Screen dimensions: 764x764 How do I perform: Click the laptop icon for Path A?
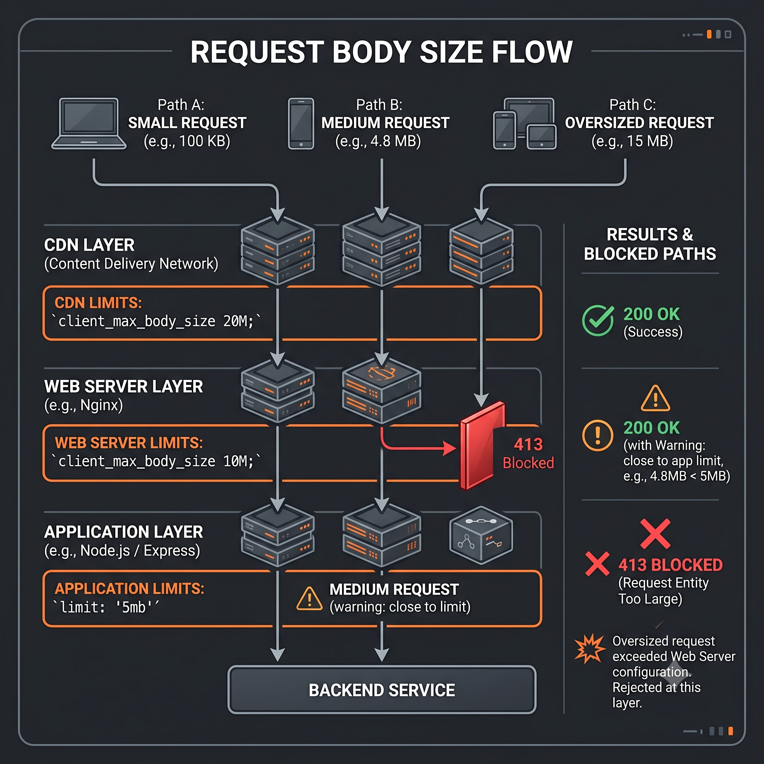pyautogui.click(x=89, y=124)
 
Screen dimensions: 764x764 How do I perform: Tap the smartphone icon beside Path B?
pyautogui.click(x=301, y=124)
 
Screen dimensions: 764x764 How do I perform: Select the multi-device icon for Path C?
pyautogui.click(x=525, y=124)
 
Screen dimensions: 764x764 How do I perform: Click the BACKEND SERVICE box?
pyautogui.click(x=382, y=690)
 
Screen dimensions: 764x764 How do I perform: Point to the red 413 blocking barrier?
pyautogui.click(x=482, y=446)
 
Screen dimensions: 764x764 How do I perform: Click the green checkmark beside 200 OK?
pyautogui.click(x=598, y=320)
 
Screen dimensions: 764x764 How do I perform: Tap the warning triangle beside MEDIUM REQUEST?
pyautogui.click(x=309, y=598)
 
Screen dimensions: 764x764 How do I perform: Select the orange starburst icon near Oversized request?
pyautogui.click(x=590, y=648)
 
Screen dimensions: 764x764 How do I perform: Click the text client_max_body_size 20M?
pyautogui.click(x=156, y=321)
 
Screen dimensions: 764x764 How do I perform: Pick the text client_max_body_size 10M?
pyautogui.click(x=156, y=461)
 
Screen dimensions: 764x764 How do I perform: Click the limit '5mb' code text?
pyautogui.click(x=106, y=607)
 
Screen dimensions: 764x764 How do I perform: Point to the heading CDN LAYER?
pyautogui.click(x=90, y=245)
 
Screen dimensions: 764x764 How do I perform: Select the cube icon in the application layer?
pyautogui.click(x=481, y=535)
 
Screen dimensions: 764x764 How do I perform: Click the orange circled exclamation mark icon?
pyautogui.click(x=598, y=435)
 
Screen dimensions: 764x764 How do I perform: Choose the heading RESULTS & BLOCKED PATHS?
pyautogui.click(x=650, y=244)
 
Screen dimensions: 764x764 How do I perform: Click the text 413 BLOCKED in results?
pyautogui.click(x=671, y=565)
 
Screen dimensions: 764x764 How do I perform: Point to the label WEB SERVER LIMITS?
pyautogui.click(x=129, y=443)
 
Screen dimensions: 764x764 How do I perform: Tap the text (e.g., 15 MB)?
pyautogui.click(x=632, y=141)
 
